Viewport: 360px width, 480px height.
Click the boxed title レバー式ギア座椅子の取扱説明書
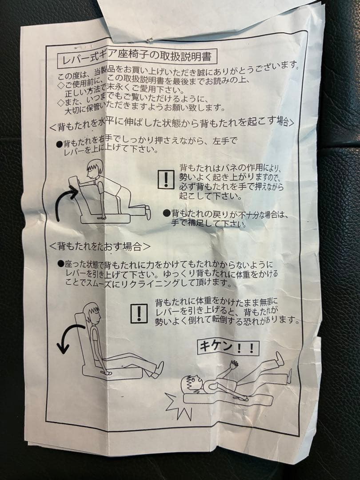(137, 57)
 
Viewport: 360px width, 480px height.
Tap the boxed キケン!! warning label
(228, 347)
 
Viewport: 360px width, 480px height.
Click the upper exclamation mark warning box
(166, 179)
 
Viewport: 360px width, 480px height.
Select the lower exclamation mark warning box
(139, 313)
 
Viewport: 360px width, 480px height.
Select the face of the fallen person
(191, 384)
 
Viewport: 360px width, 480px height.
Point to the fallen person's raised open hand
(234, 364)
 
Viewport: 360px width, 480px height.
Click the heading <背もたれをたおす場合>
(100, 246)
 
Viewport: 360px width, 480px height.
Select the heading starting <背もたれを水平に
(172, 123)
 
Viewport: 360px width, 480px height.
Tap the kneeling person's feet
(148, 212)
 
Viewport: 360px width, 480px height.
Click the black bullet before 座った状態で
(61, 263)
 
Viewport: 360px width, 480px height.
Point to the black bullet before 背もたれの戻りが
(167, 213)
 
